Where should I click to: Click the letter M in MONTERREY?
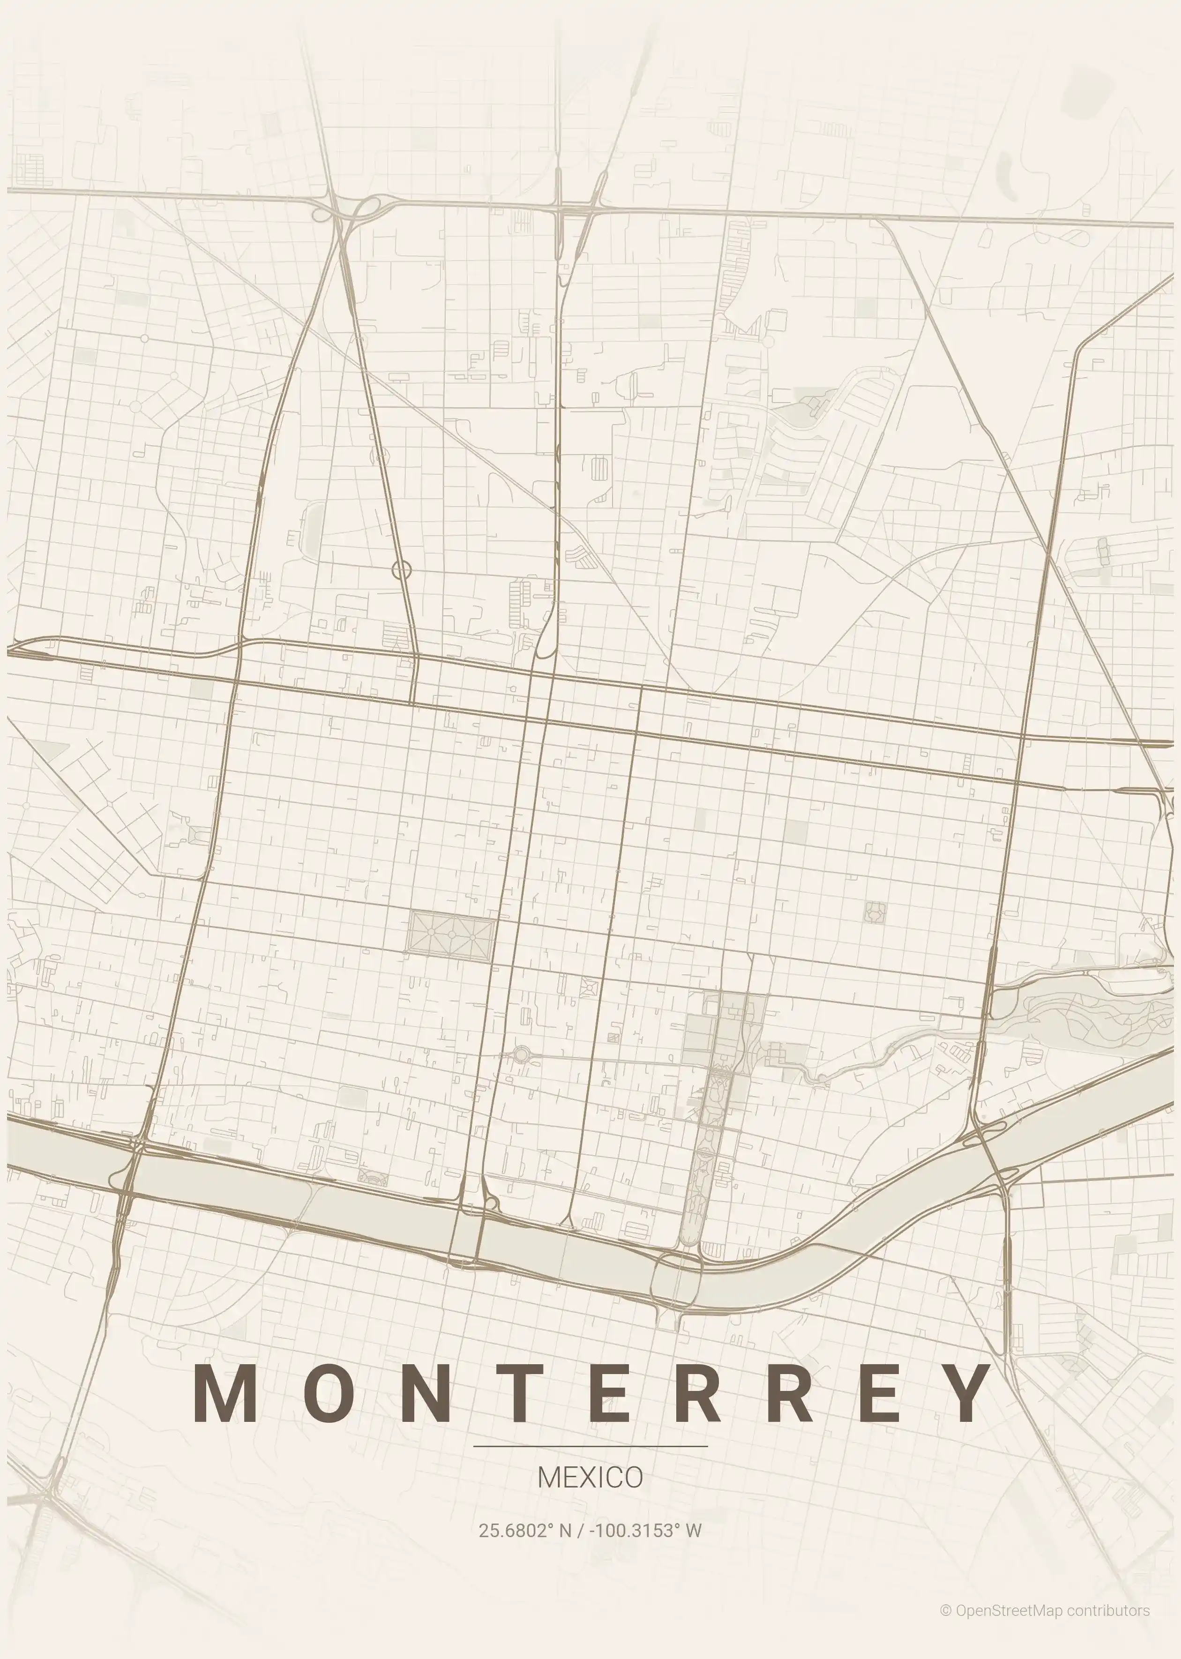pyautogui.click(x=224, y=1391)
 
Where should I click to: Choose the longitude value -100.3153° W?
pyautogui.click(x=645, y=1530)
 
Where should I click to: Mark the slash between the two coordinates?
pyautogui.click(x=580, y=1530)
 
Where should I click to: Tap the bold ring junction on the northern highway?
pyautogui.click(x=402, y=570)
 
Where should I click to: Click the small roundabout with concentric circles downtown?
pyautogui.click(x=522, y=1054)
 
